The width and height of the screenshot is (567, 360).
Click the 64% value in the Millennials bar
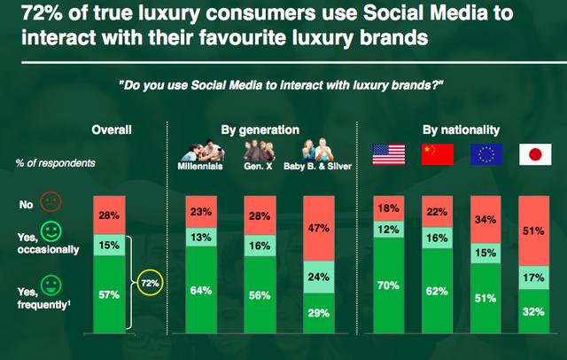[201, 289]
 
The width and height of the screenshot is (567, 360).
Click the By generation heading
[260, 130]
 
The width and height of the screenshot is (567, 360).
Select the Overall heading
[112, 130]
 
